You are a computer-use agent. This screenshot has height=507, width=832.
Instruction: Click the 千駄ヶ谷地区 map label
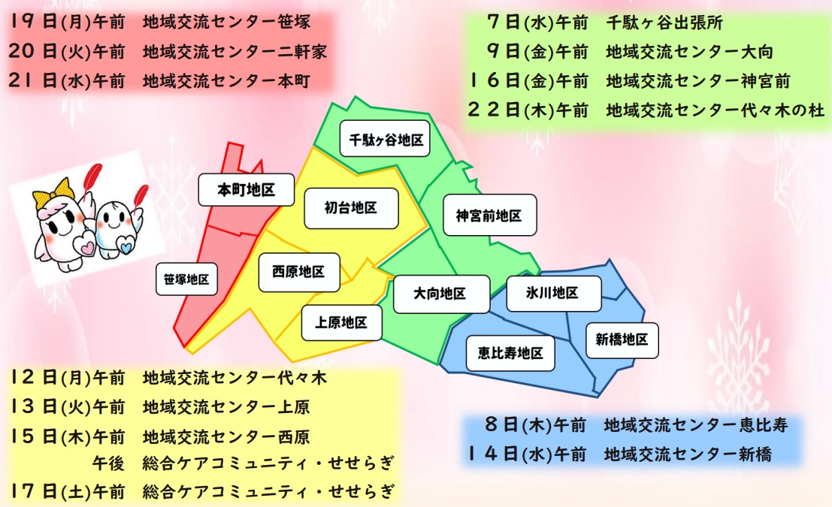click(385, 139)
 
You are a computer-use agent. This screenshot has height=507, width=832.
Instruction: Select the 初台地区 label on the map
click(351, 208)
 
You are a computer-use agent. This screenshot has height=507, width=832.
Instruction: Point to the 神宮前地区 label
click(489, 215)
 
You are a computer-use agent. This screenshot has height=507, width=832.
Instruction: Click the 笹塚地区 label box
click(186, 279)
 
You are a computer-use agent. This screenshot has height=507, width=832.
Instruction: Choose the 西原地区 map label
click(298, 272)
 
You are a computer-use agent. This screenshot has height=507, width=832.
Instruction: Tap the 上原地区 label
click(341, 323)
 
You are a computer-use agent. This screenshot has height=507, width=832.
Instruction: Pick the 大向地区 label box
click(440, 294)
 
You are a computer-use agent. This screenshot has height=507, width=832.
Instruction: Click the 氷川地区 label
click(553, 293)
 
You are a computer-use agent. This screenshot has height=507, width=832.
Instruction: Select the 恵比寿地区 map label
click(510, 352)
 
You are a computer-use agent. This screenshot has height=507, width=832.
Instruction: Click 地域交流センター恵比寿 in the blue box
click(695, 425)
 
